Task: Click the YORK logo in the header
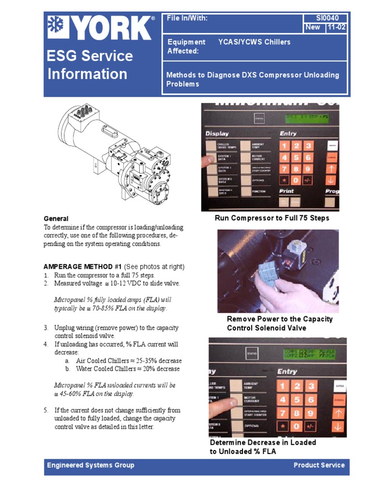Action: [100, 29]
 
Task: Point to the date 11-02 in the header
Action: [336, 27]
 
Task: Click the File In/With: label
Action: [187, 18]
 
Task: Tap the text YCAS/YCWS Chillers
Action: [254, 42]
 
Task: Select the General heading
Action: [56, 218]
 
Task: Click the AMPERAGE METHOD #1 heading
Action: [83, 267]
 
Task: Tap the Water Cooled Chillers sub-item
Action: [127, 369]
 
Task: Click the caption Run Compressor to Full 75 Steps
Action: [271, 218]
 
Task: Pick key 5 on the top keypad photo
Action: [296, 157]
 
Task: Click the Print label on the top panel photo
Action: [287, 191]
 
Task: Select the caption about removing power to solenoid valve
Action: [279, 323]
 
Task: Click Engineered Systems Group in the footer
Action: [90, 465]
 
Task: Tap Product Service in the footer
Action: [319, 465]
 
